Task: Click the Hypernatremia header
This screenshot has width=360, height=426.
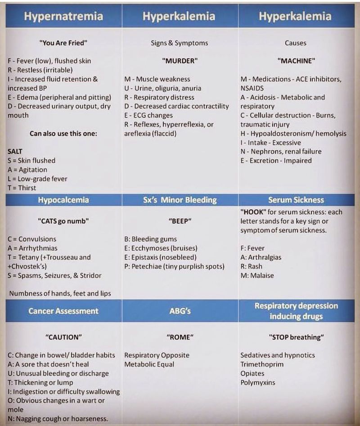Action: (x=63, y=17)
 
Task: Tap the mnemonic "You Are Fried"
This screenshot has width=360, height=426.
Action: (x=63, y=43)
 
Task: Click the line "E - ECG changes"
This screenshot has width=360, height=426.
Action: (x=148, y=115)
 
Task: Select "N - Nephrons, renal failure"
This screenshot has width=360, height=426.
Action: (x=281, y=151)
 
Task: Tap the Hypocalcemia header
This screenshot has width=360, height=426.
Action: (x=63, y=200)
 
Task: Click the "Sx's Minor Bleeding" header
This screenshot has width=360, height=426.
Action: (x=180, y=200)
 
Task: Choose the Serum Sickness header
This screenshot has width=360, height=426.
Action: (x=296, y=200)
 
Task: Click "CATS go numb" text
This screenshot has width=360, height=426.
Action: (x=63, y=221)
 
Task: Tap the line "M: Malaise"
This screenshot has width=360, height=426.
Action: (x=257, y=275)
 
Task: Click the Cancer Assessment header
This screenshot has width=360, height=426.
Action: (x=63, y=311)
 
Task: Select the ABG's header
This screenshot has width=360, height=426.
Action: (x=180, y=311)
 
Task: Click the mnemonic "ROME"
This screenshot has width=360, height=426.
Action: (x=180, y=336)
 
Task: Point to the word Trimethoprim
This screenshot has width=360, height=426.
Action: (x=262, y=364)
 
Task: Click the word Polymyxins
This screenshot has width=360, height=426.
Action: (x=257, y=382)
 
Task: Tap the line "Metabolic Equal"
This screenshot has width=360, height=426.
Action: (x=149, y=364)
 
